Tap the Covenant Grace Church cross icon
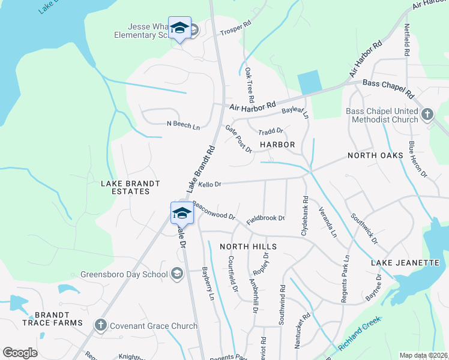pos(100,325)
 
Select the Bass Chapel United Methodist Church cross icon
pos(427,114)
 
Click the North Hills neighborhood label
pos(248,247)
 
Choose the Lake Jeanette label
pos(401,263)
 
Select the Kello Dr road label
pos(210,184)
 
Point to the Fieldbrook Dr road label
pos(265,218)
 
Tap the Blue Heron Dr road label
pos(418,160)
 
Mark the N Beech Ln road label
pos(183,126)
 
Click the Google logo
pos(20,353)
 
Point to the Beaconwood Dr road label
pos(213,210)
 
